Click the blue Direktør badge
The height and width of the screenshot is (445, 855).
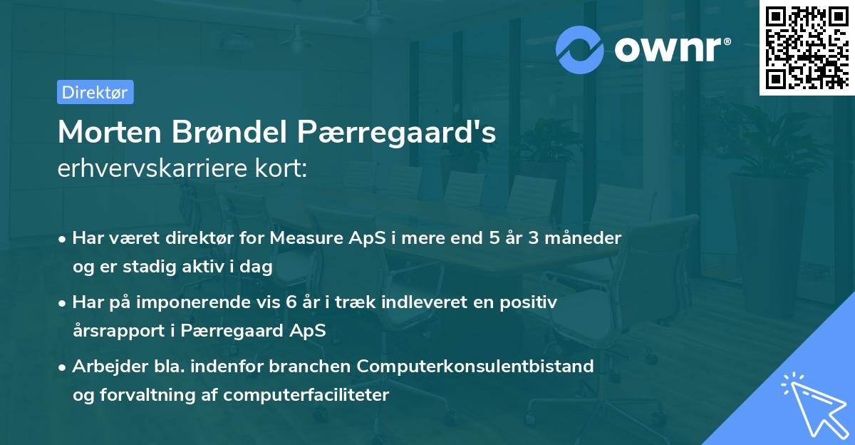tap(95, 92)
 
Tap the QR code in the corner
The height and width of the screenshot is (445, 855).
tap(807, 47)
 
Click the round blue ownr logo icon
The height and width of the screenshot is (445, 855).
tap(580, 49)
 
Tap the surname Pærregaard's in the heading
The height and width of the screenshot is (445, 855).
tap(396, 132)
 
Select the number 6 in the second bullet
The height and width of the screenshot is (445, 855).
tap(291, 302)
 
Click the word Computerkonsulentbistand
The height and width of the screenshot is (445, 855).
tap(476, 367)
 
